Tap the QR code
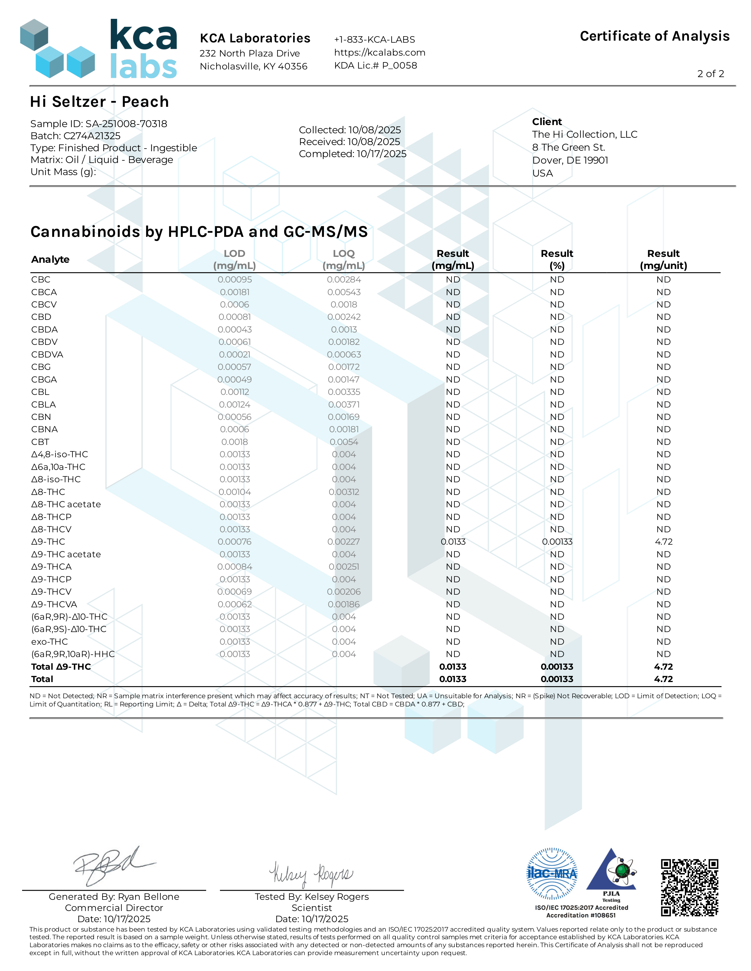coord(689,887)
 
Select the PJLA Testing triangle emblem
coord(611,872)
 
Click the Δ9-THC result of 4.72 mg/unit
coord(663,541)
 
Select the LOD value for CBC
coord(234,280)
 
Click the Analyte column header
coord(50,260)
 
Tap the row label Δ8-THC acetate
coord(66,504)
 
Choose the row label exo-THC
coord(49,641)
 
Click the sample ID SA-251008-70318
coord(126,124)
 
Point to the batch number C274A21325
coord(92,136)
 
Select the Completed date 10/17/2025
coord(381,154)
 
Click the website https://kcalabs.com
coord(380,52)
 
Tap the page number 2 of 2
coord(711,74)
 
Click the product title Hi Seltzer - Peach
coord(99,102)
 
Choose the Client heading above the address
coord(547,122)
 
